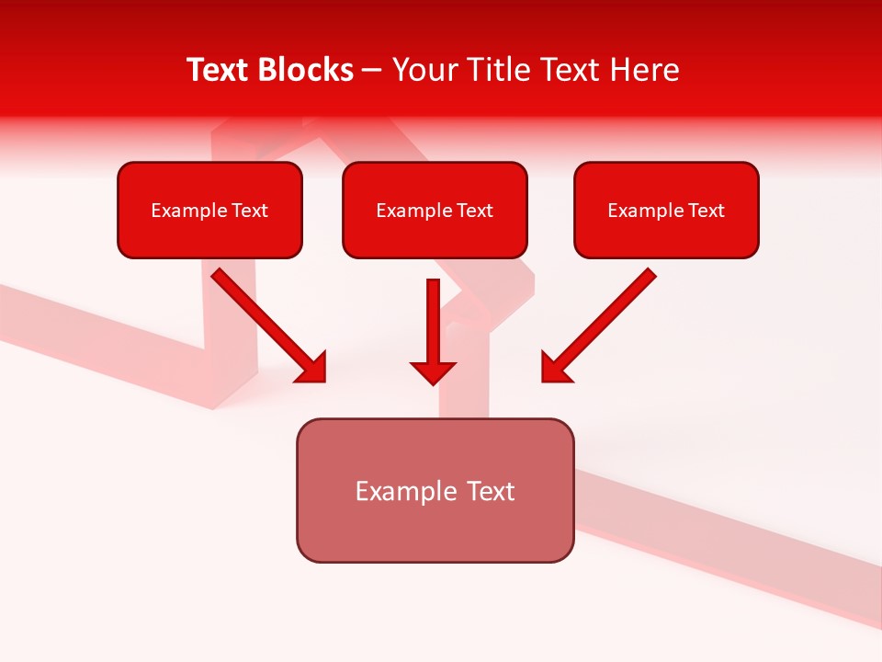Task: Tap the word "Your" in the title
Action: (424, 70)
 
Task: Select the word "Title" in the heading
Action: (494, 70)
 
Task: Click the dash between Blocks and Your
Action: (372, 71)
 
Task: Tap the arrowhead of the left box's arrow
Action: (312, 368)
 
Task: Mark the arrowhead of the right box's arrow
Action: (555, 368)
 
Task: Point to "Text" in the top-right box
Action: (707, 211)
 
